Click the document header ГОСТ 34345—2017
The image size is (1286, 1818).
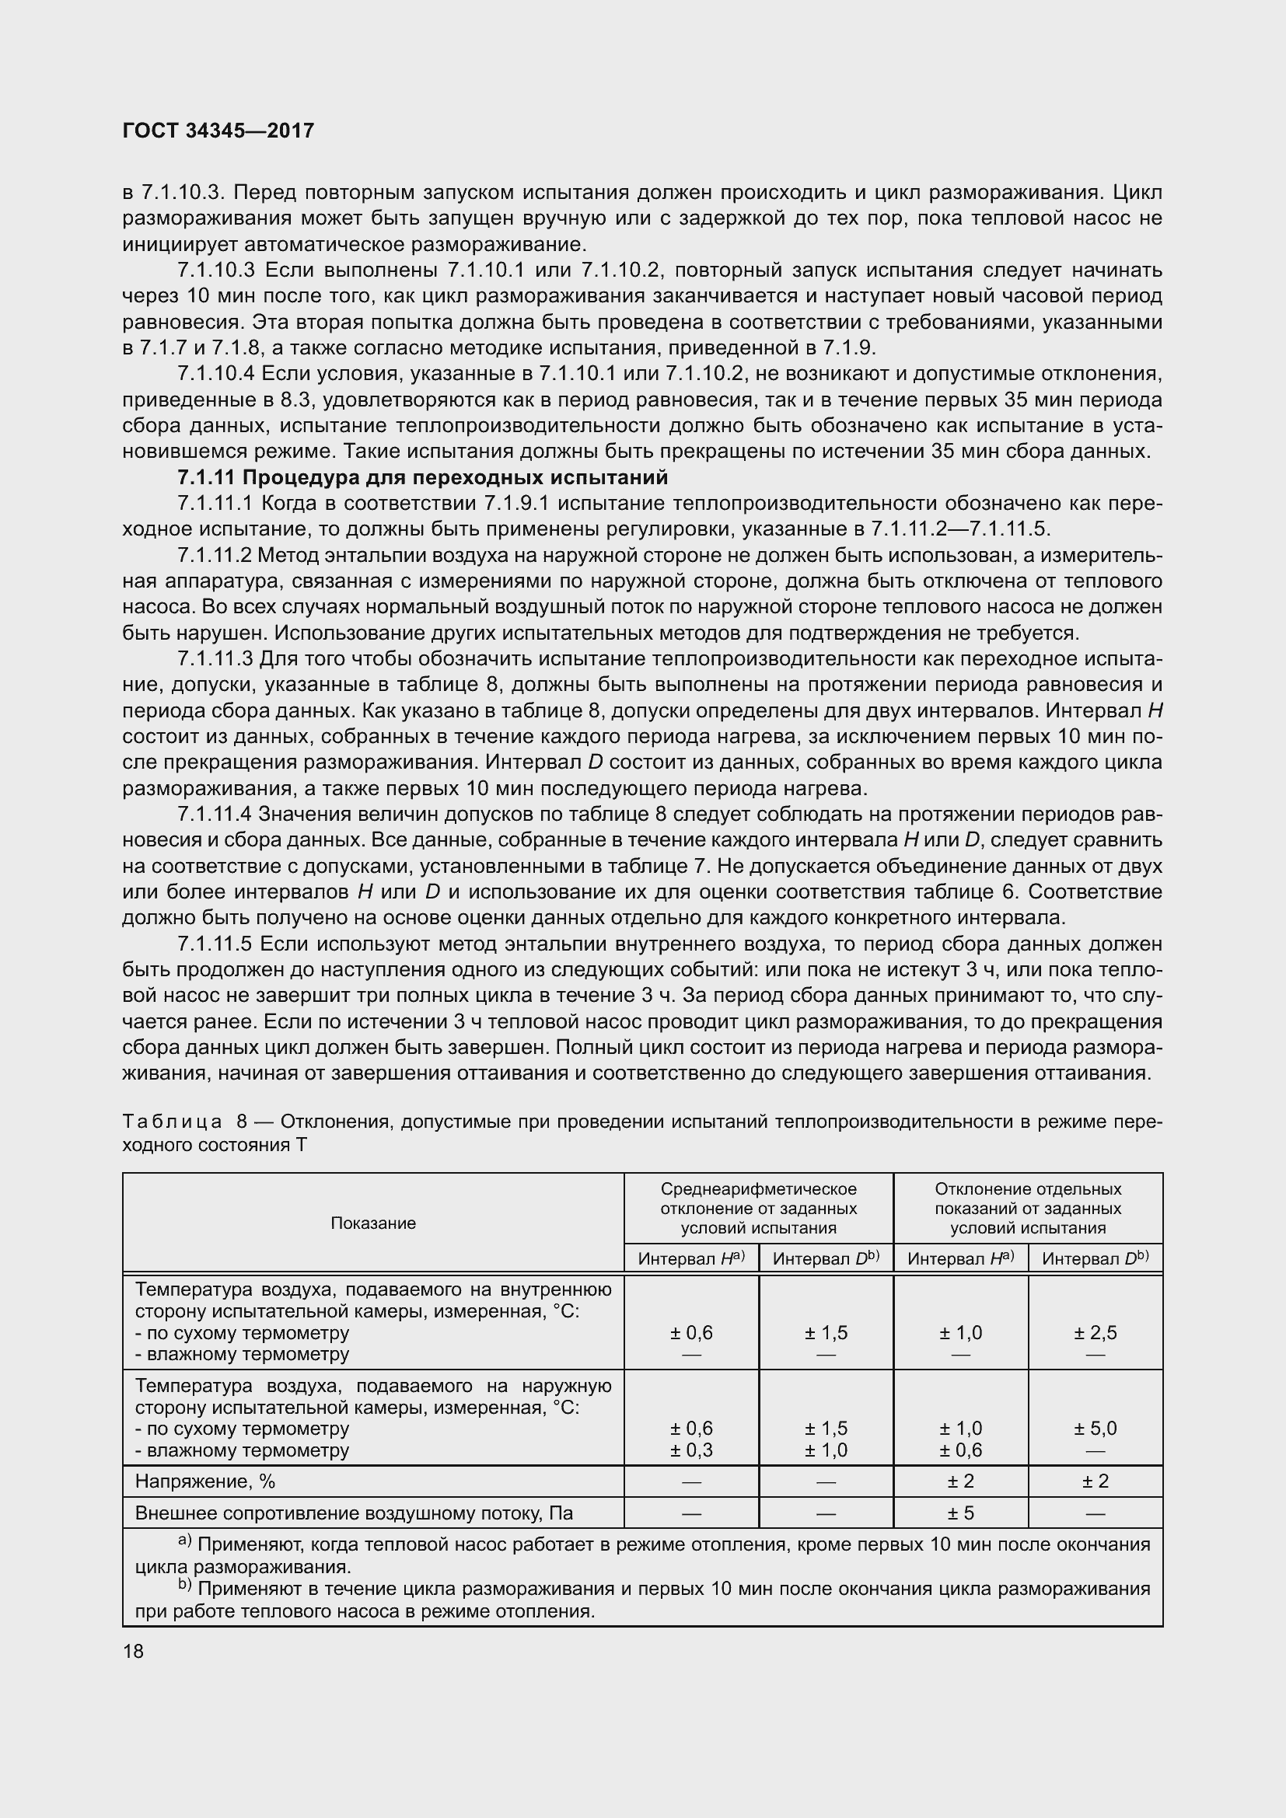218,131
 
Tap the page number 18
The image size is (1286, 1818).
133,1651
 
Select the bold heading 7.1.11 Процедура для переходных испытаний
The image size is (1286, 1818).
422,477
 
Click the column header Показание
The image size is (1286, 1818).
373,1223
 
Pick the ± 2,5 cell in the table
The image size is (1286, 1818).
1096,1333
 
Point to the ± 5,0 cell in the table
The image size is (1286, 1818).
1096,1429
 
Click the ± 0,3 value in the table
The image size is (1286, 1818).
691,1450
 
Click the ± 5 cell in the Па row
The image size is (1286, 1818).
960,1513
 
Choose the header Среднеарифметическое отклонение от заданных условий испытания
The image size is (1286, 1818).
759,1209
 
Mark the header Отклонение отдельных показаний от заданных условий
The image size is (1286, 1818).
1028,1209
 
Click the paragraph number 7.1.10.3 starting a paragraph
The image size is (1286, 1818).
216,270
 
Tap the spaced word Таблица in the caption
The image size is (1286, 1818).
173,1122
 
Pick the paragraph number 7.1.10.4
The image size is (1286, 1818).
215,374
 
